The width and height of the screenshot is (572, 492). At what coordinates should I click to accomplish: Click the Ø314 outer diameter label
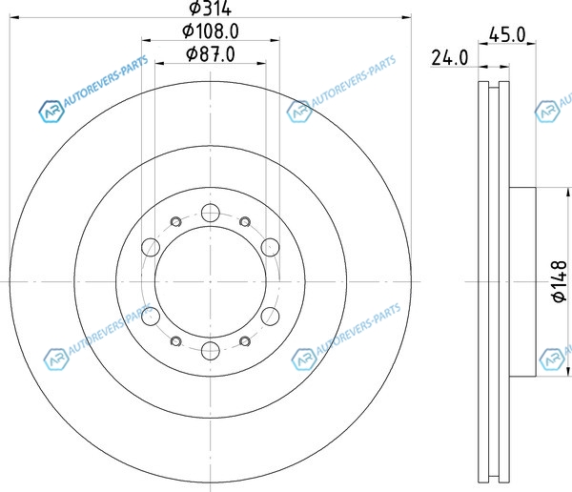point(211,8)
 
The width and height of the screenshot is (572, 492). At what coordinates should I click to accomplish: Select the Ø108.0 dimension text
point(211,31)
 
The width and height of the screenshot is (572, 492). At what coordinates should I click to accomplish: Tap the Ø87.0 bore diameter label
point(211,54)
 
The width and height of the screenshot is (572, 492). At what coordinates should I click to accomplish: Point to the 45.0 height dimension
point(507,35)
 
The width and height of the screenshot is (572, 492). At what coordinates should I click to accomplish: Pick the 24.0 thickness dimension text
point(449,58)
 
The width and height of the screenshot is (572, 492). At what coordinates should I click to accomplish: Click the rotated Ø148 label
point(560,281)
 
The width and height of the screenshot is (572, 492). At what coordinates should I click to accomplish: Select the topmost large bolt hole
point(211,213)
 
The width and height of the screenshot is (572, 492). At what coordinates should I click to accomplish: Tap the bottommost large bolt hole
point(211,350)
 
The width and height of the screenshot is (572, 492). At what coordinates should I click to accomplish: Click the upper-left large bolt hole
point(151,247)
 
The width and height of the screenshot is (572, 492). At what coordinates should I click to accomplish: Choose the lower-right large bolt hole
point(271,316)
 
